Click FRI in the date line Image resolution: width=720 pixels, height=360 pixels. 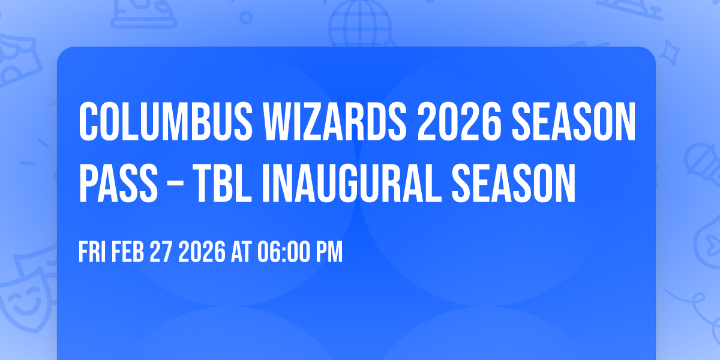(92, 253)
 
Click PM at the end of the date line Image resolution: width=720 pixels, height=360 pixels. (329, 253)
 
